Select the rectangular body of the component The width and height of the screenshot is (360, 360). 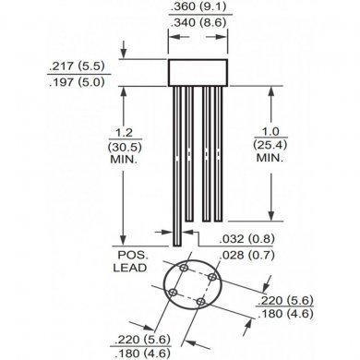click(195, 70)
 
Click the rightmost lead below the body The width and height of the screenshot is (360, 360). click(217, 152)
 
